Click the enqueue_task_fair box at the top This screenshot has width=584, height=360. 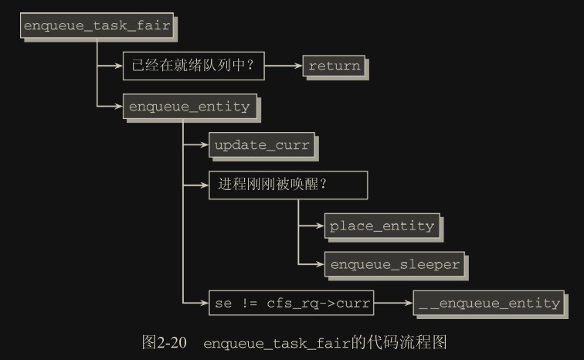pyautogui.click(x=97, y=25)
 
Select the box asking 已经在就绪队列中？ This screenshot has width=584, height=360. pyautogui.click(x=193, y=66)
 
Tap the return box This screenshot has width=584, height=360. pyautogui.click(x=334, y=66)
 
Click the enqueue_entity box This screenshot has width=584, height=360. pyautogui.click(x=189, y=107)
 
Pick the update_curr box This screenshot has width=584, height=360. pyautogui.click(x=261, y=145)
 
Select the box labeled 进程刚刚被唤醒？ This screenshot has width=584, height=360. pyautogui.click(x=287, y=185)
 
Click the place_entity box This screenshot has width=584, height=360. pyautogui.click(x=381, y=226)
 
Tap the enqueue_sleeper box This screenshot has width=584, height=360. pyautogui.click(x=394, y=264)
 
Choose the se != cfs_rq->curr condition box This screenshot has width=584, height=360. pyautogui.click(x=290, y=304)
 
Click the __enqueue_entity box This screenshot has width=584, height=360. pyautogui.click(x=488, y=304)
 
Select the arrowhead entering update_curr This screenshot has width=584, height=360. pyautogui.click(x=204, y=145)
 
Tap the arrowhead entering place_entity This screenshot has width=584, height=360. pyautogui.click(x=319, y=226)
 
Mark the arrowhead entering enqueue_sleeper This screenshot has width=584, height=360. pyautogui.click(x=319, y=264)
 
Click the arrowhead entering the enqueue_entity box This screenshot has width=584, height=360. pyautogui.click(x=118, y=106)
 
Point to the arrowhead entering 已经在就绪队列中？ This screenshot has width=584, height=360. pyautogui.click(x=118, y=66)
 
